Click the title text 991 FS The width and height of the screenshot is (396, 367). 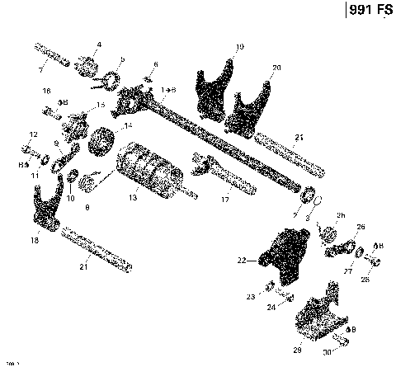point(365,12)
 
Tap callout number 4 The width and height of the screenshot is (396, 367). point(99,44)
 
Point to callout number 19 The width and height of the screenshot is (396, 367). point(238,47)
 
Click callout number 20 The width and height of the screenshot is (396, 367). point(276,67)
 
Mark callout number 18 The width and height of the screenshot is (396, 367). point(34,240)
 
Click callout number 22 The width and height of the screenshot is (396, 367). point(242,261)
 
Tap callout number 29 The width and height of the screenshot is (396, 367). point(298,350)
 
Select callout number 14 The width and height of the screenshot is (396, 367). point(128,126)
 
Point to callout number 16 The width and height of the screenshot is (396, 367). point(47,91)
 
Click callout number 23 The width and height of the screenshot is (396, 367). point(250,296)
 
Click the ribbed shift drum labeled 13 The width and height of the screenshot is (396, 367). point(148,168)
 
